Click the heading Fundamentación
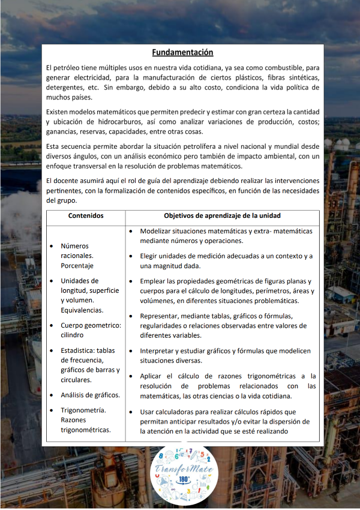click(182, 53)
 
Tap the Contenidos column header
click(86, 215)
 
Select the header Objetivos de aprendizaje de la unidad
click(222, 215)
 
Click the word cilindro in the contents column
click(73, 335)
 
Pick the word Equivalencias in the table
click(82, 310)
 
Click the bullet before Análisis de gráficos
click(52, 395)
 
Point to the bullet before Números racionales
click(52, 246)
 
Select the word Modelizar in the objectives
click(157, 231)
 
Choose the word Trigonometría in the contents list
click(83, 410)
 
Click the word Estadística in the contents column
click(82, 350)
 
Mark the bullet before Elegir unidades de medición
click(131, 256)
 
